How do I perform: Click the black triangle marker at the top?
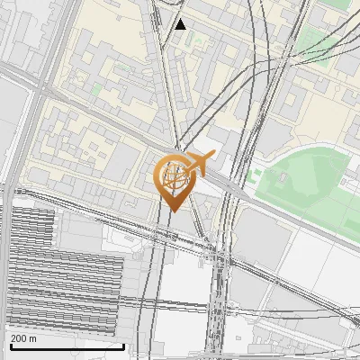point(180,24)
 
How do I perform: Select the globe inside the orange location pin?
point(174,176)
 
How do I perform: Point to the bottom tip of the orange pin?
point(174,211)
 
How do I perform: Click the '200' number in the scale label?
point(18,338)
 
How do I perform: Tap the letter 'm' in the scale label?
point(33,338)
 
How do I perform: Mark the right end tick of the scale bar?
point(124,345)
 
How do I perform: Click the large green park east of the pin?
point(301,184)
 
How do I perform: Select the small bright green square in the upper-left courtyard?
point(95,89)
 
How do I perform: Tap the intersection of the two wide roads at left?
point(40,87)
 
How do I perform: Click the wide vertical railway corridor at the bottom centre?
point(217,306)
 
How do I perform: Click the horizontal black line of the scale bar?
point(67,346)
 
